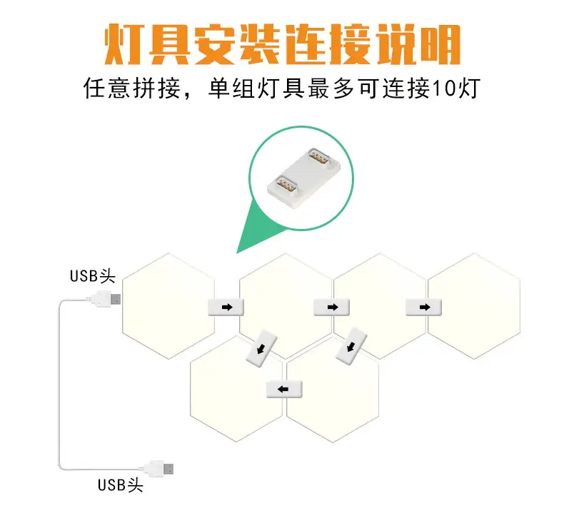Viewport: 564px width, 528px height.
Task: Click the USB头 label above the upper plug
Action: [x=92, y=276]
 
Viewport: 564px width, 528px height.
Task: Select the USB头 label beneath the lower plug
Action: [x=121, y=485]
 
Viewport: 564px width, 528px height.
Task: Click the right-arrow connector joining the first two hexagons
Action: [x=226, y=308]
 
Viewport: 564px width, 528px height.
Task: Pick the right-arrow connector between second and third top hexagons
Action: [x=332, y=308]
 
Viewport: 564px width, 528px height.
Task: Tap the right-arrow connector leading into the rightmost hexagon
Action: [x=424, y=308]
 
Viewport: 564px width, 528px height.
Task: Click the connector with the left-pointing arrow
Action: [x=284, y=389]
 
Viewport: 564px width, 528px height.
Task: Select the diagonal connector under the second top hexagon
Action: [x=261, y=348]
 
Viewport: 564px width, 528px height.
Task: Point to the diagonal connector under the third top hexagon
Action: [x=351, y=346]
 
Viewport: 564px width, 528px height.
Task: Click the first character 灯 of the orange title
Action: [x=124, y=44]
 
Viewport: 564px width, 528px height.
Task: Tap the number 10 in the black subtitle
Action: [x=444, y=88]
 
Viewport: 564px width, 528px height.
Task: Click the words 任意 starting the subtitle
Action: [x=107, y=88]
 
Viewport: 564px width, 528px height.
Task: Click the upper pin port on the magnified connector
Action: [x=319, y=158]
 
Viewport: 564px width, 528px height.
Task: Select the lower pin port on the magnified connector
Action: [x=286, y=186]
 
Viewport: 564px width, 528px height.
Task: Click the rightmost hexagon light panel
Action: [x=474, y=306]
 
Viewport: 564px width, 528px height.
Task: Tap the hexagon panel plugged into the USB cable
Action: [x=168, y=306]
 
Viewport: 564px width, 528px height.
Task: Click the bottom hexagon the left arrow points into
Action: [x=236, y=389]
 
